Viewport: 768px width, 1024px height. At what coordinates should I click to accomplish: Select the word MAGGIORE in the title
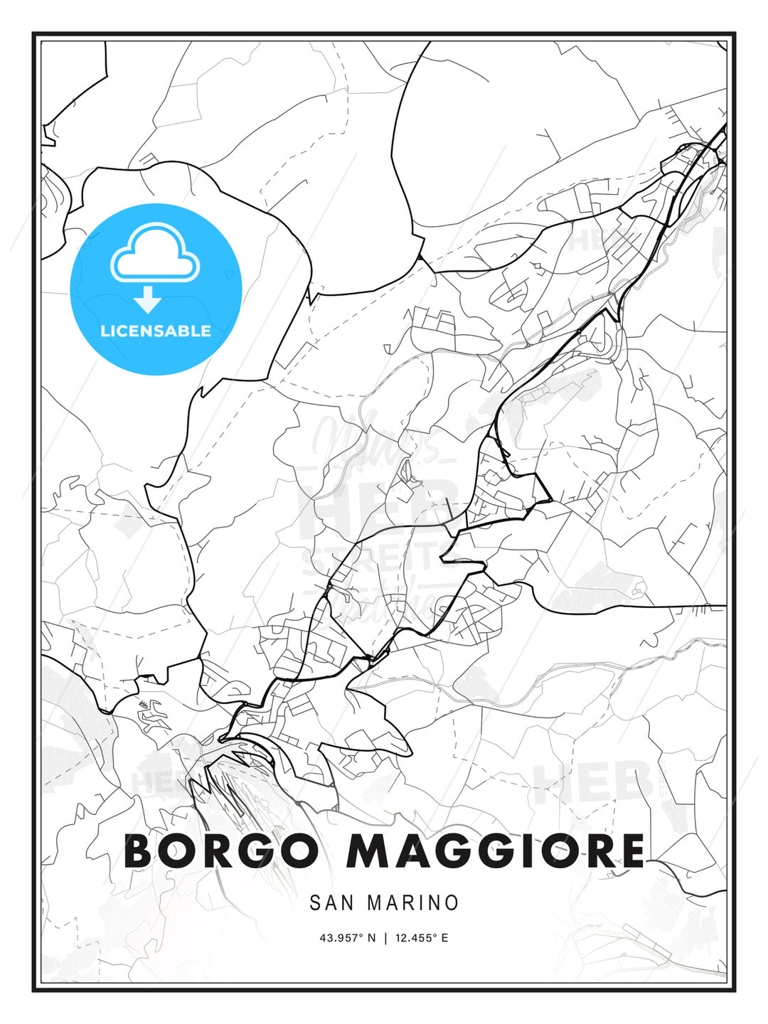[496, 850]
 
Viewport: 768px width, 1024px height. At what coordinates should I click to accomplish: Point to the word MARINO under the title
[413, 903]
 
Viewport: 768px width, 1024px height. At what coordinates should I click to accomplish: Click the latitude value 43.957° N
[347, 938]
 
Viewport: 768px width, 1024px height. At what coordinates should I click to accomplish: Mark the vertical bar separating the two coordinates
[385, 938]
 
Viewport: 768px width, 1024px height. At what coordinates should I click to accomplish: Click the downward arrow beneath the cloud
[148, 299]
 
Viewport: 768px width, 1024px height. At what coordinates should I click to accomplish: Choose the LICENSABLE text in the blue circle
[156, 331]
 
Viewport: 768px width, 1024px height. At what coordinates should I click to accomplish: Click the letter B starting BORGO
[141, 850]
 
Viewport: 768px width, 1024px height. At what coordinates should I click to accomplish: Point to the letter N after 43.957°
[370, 938]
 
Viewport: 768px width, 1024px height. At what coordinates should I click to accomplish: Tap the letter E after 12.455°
[445, 938]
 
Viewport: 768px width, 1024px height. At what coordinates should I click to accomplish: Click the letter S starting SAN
[315, 903]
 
